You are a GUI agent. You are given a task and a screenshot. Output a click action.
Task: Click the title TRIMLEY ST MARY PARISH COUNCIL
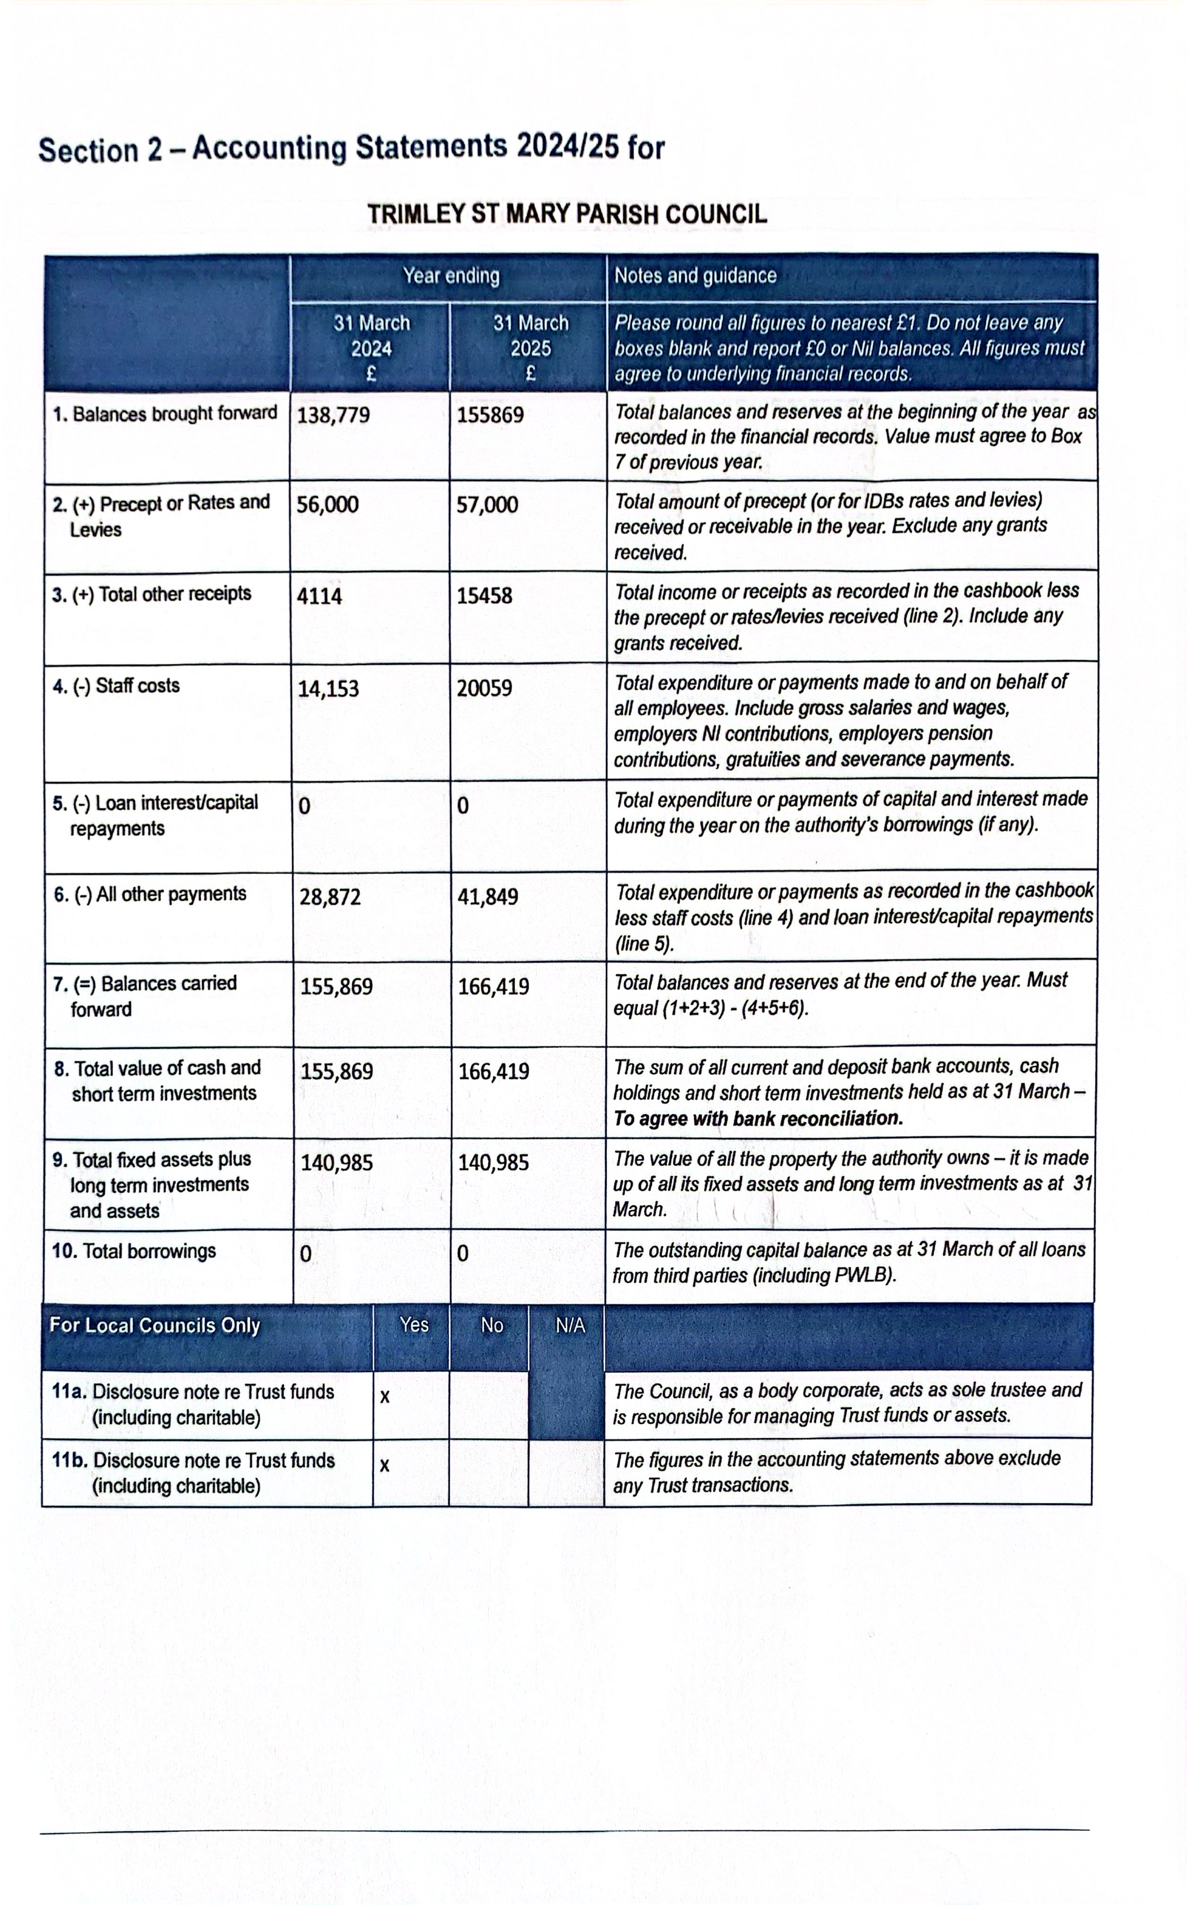click(567, 215)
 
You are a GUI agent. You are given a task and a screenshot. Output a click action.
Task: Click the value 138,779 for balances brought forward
click(334, 414)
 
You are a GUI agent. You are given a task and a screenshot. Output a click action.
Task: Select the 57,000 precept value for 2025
click(488, 505)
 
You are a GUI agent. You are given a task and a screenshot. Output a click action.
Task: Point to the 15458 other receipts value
click(484, 596)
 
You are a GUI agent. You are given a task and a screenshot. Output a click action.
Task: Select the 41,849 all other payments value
click(488, 896)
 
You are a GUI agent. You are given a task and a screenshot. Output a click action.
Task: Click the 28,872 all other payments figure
click(330, 896)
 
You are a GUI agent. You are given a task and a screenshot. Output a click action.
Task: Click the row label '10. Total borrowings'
click(133, 1251)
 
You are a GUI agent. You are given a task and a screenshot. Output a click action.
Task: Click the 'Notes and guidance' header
click(695, 275)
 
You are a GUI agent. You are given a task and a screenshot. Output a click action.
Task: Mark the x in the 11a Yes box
click(385, 1397)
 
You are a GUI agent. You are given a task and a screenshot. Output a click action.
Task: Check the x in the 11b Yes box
click(385, 1466)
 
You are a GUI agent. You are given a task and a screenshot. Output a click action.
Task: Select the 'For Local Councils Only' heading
click(155, 1326)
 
